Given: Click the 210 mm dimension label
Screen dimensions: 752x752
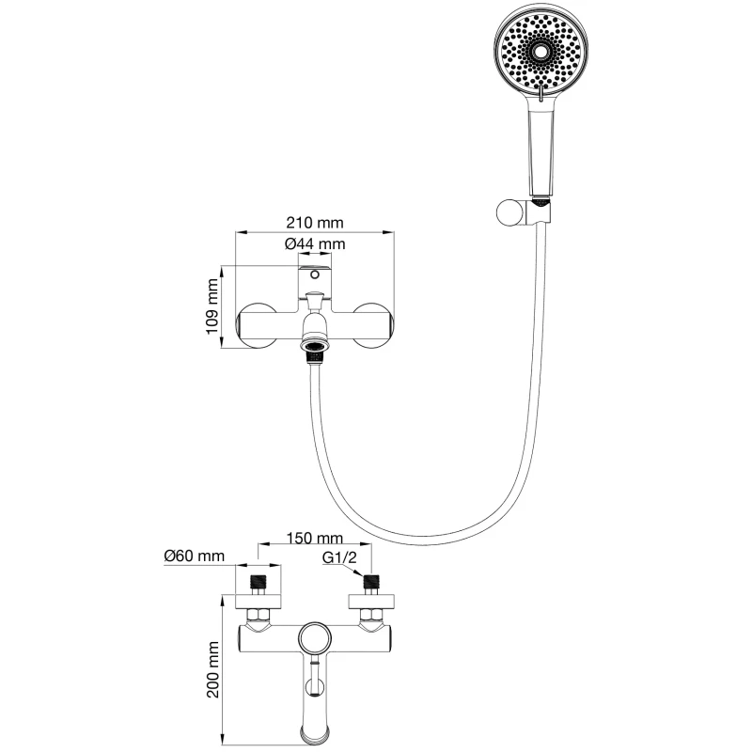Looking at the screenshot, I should pos(315,223).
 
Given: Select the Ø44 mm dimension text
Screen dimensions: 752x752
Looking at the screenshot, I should pos(315,243).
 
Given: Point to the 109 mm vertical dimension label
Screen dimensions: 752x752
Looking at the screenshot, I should pos(213,307).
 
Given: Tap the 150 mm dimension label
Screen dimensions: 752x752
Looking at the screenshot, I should pos(315,539).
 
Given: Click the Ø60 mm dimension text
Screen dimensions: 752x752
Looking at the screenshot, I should pos(194,556).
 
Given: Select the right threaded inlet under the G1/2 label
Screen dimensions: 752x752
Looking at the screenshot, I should pos(373,580).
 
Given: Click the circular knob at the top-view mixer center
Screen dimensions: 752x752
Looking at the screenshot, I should pos(315,640).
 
